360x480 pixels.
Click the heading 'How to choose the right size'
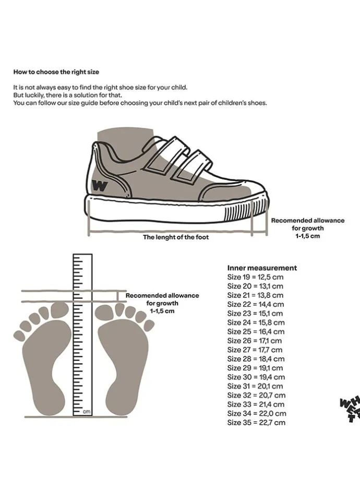click(56, 71)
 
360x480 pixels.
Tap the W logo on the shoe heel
click(100, 185)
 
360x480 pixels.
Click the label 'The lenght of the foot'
click(176, 237)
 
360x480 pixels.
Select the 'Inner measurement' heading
click(262, 268)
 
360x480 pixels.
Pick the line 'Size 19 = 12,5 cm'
click(255, 277)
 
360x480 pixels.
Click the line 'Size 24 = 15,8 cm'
click(256, 322)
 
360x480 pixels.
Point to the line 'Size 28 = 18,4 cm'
click(256, 359)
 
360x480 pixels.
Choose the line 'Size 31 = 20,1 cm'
click(255, 386)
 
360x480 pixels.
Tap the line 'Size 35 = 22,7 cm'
click(256, 423)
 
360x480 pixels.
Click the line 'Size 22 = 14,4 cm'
click(256, 304)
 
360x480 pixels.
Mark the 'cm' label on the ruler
click(87, 412)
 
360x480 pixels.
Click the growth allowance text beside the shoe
click(307, 228)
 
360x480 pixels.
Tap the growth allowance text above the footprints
click(162, 303)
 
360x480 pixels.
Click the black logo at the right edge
click(350, 410)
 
